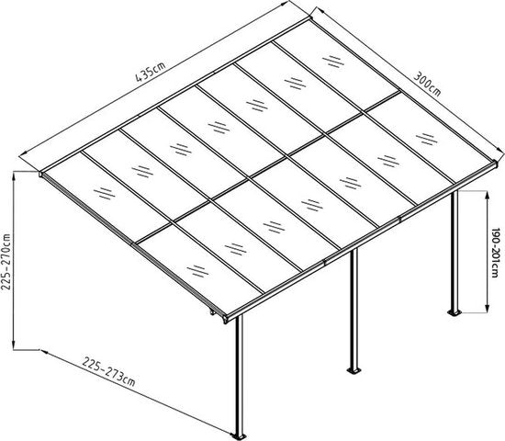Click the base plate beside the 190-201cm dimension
pos(454,315)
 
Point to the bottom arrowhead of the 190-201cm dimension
pos(485,311)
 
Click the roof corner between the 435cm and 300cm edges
pos(312,13)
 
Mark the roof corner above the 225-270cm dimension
pos(43,171)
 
